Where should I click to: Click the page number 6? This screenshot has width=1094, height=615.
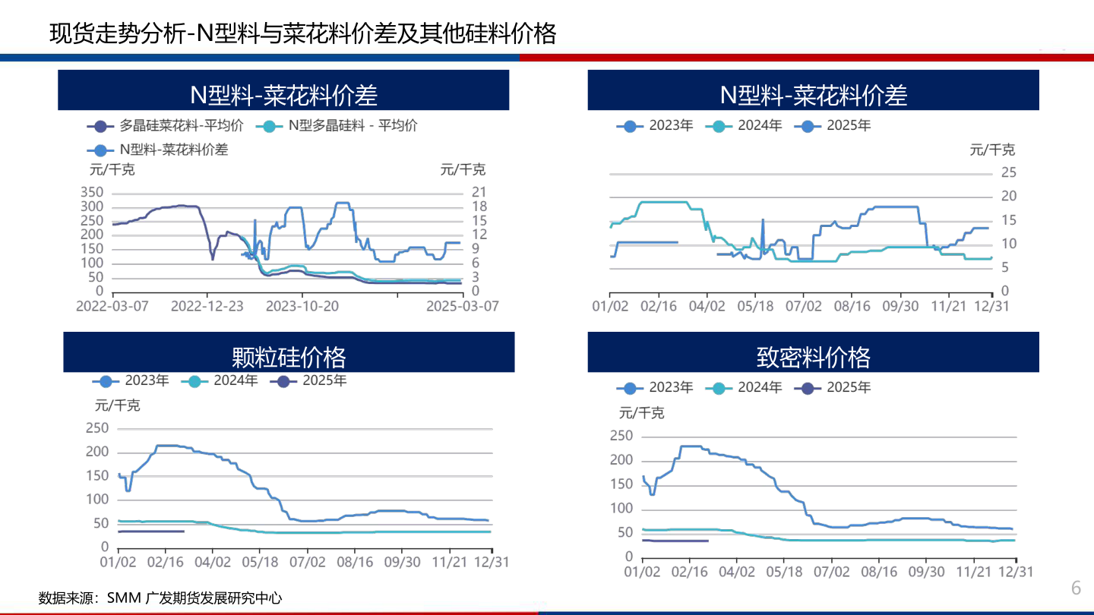tap(1076, 588)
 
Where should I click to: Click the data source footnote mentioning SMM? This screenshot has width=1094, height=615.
tap(160, 598)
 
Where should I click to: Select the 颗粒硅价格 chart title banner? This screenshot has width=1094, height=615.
tap(289, 355)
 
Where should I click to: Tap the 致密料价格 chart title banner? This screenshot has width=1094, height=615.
tap(813, 355)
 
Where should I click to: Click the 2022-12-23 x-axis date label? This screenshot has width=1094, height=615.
tap(207, 306)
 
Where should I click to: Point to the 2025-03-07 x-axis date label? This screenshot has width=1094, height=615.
tap(462, 306)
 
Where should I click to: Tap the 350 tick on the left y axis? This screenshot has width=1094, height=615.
tap(92, 192)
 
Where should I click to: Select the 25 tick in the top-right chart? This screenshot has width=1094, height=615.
tap(1008, 173)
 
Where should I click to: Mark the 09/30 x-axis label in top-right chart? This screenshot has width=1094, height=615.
tap(900, 306)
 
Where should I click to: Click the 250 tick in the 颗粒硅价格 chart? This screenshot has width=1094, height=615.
tap(97, 428)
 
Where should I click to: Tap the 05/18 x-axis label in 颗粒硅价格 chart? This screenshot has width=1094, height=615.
tap(260, 563)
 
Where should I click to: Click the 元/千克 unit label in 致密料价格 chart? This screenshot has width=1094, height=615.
tap(641, 412)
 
